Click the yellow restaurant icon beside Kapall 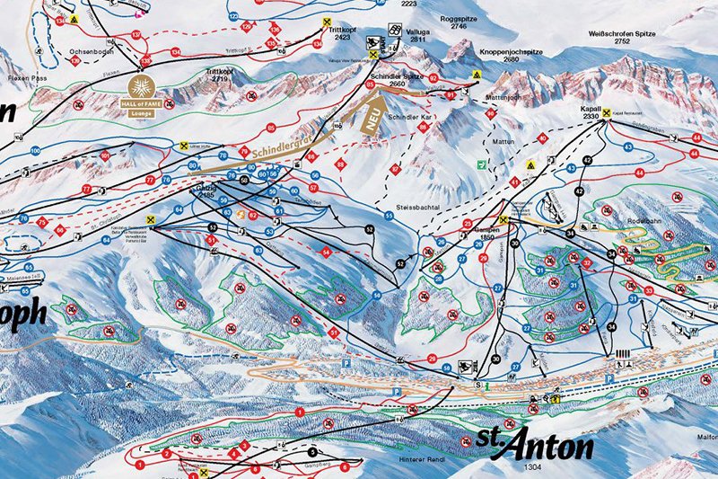point(607,113)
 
